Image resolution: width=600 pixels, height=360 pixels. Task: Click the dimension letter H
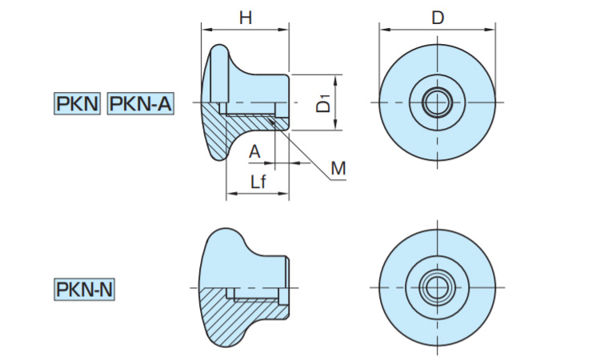tap(245, 18)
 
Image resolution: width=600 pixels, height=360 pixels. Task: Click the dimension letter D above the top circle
tap(437, 18)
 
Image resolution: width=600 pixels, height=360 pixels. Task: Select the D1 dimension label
tap(322, 103)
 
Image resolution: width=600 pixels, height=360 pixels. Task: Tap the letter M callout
tap(338, 168)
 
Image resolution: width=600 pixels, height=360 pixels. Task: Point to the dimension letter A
tap(254, 151)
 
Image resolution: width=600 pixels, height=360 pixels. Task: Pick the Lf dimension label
tap(258, 182)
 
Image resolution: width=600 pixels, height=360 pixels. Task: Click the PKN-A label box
tap(139, 104)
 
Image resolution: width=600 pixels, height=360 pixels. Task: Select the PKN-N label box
tap(84, 289)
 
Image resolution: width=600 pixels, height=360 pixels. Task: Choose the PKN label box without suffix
tap(77, 104)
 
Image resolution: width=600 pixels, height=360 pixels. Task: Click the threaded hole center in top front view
tap(437, 102)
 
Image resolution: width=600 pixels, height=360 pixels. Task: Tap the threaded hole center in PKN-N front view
tap(437, 287)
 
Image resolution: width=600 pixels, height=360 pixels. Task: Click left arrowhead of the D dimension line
tap(383, 30)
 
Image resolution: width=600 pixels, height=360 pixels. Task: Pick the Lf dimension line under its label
tap(257, 194)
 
